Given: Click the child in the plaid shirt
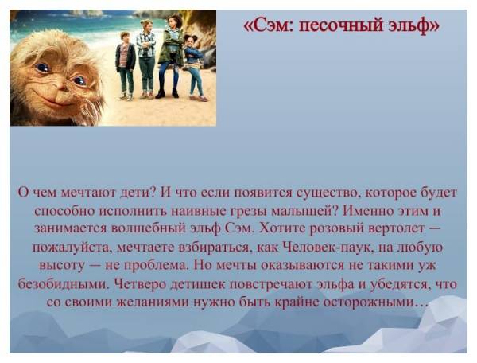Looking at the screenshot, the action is pyautogui.click(x=146, y=59).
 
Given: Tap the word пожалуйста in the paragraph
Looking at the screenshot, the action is pyautogui.click(x=73, y=247).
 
